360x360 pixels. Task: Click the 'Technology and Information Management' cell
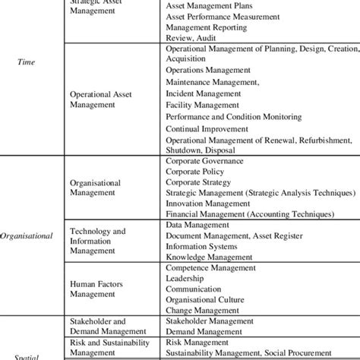pyautogui.click(x=98, y=242)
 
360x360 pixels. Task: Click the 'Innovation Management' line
pyautogui.click(x=205, y=204)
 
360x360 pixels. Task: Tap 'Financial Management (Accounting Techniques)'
pyautogui.click(x=241, y=215)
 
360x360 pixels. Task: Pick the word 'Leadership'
pyautogui.click(x=185, y=279)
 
